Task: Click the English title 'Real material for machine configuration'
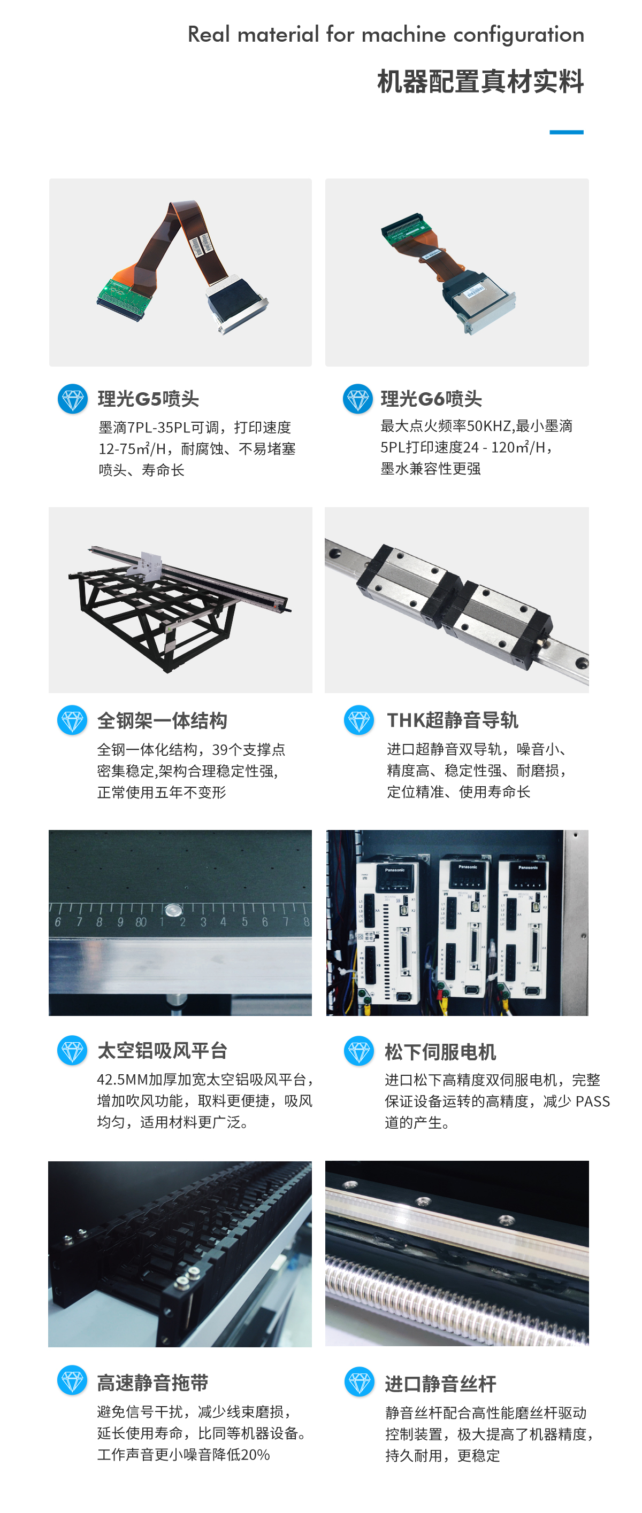click(x=386, y=35)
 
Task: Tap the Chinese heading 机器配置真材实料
click(x=480, y=82)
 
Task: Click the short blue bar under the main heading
click(x=566, y=132)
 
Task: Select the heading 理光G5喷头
click(x=148, y=399)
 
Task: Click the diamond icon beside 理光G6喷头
click(x=357, y=399)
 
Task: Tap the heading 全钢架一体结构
click(x=162, y=720)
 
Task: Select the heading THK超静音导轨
click(x=452, y=720)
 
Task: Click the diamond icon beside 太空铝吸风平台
click(x=72, y=1050)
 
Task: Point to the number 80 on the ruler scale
click(x=141, y=922)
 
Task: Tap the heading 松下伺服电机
click(x=440, y=1052)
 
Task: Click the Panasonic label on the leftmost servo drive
click(x=394, y=870)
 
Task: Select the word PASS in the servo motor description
click(x=593, y=1101)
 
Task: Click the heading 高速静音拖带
click(x=152, y=1383)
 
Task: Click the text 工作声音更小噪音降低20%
click(x=184, y=1455)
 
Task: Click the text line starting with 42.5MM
click(x=206, y=1080)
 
